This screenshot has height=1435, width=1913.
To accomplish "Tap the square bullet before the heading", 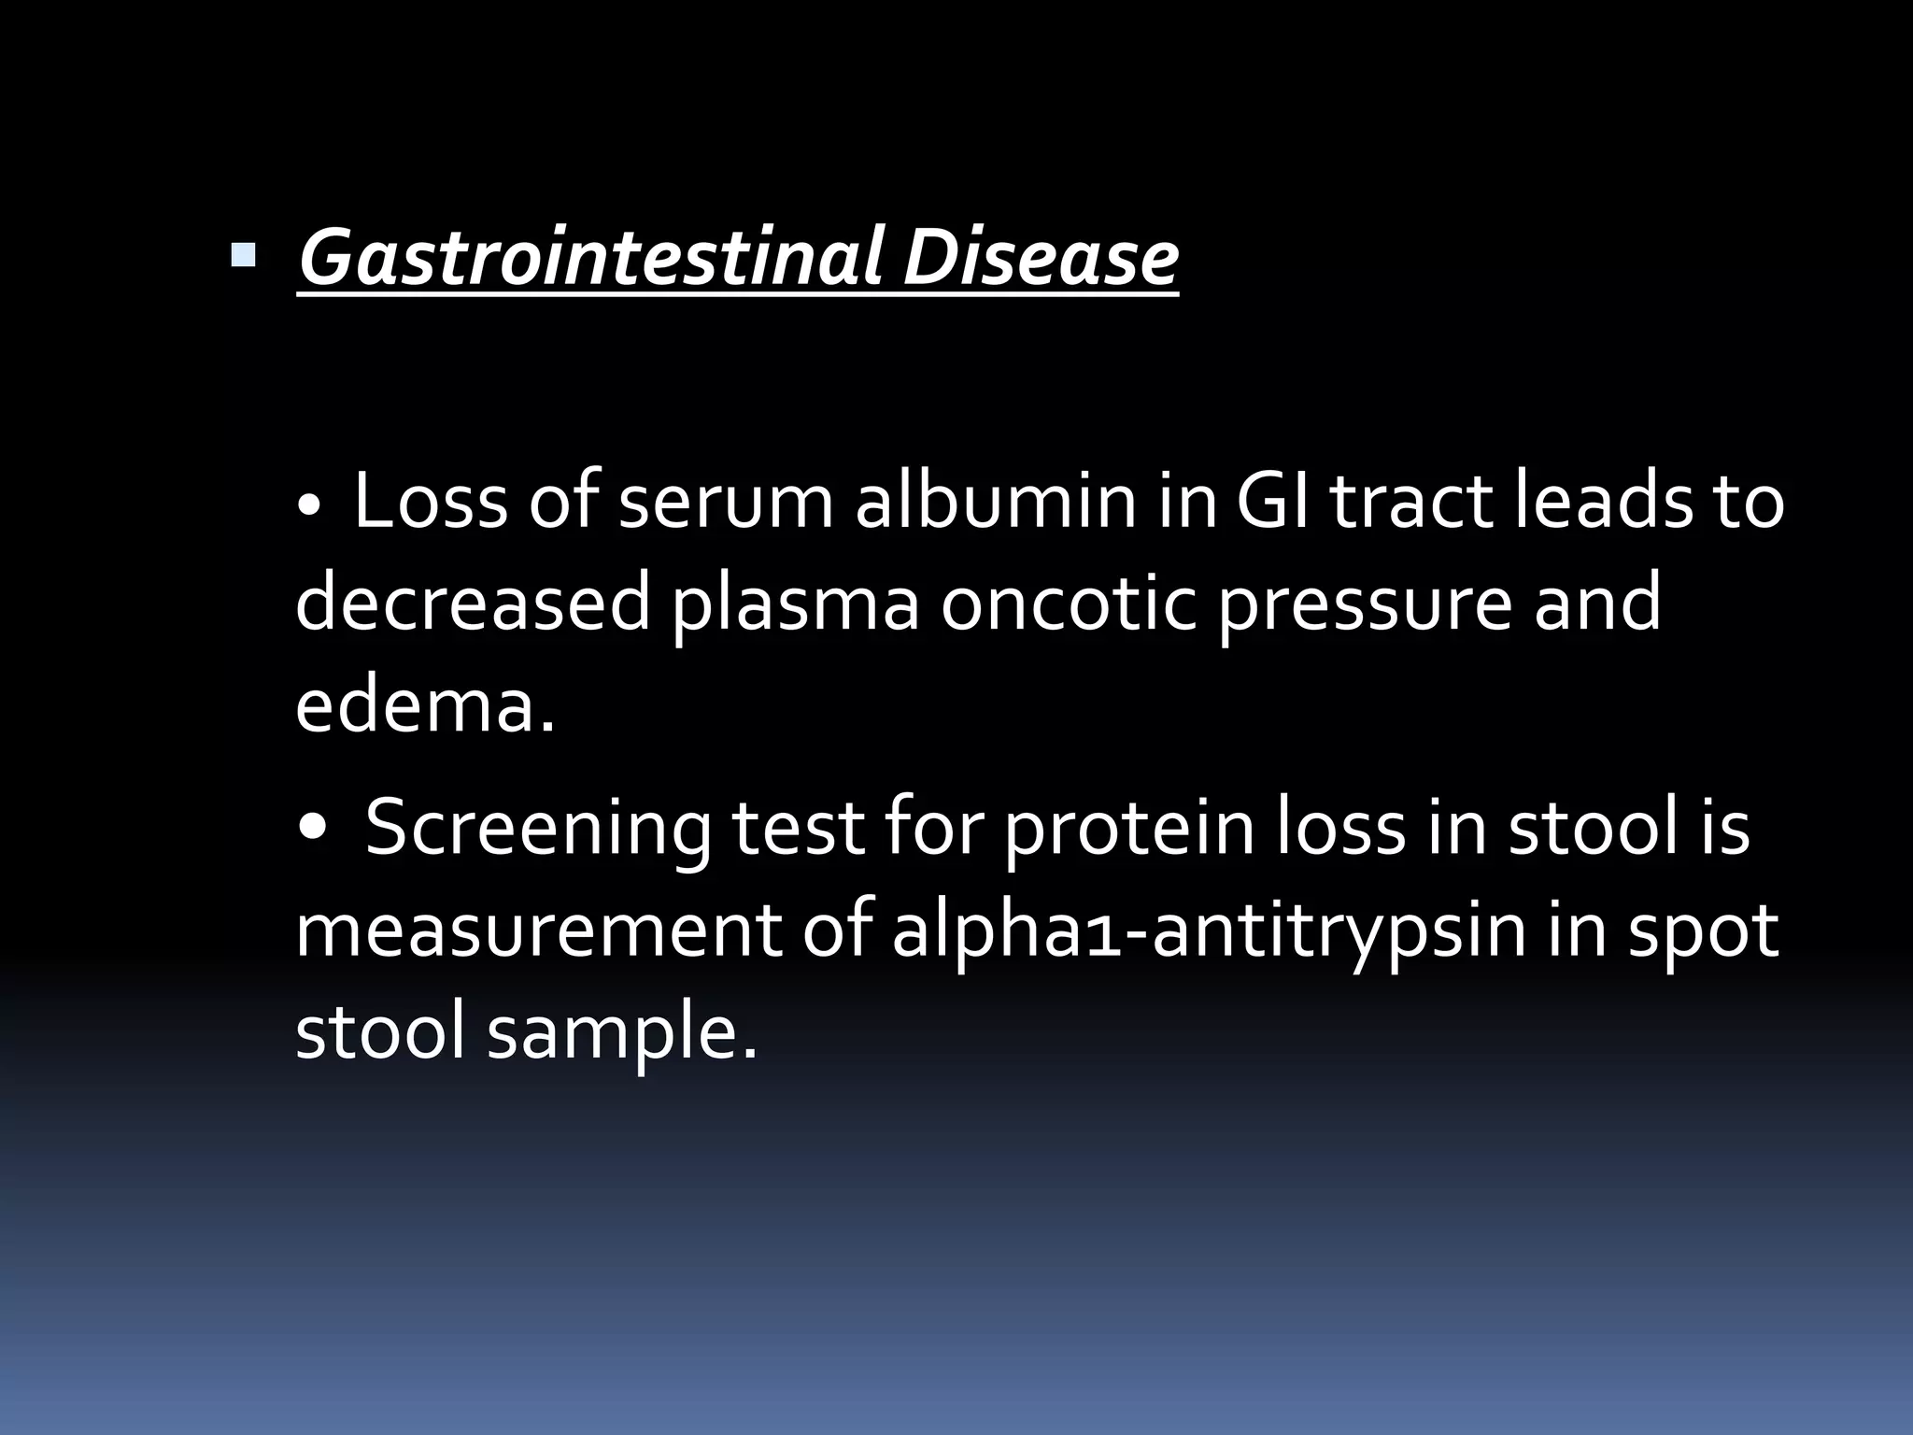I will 243,254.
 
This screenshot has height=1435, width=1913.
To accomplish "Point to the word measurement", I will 537,932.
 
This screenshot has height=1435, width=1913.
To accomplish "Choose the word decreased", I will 472,603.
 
